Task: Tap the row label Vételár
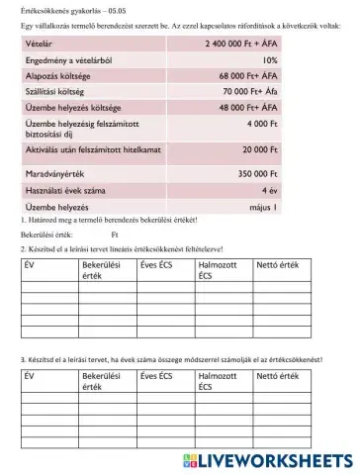point(39,45)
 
